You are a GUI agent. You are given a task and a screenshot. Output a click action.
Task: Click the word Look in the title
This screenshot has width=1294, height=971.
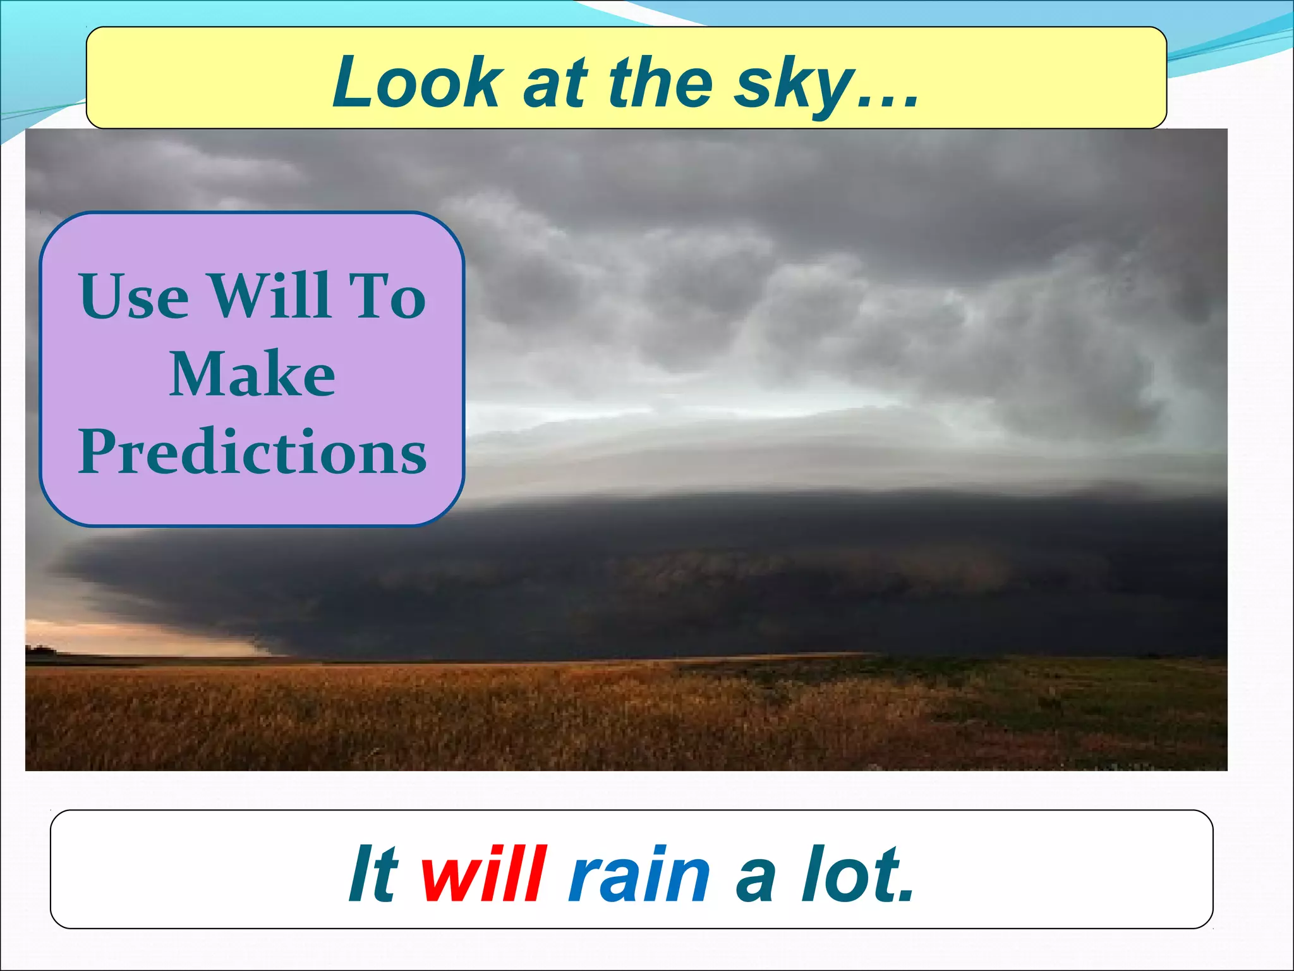pos(417,82)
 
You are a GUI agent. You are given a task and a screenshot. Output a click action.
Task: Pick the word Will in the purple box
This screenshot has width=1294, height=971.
pos(270,296)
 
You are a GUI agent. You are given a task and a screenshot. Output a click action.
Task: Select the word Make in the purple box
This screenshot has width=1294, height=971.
pos(252,374)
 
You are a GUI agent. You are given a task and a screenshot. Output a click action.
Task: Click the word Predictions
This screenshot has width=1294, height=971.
pos(252,452)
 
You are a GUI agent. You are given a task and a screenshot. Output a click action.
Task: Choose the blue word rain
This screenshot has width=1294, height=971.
pos(639,875)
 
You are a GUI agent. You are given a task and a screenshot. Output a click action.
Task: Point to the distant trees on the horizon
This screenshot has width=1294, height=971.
pos(42,649)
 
